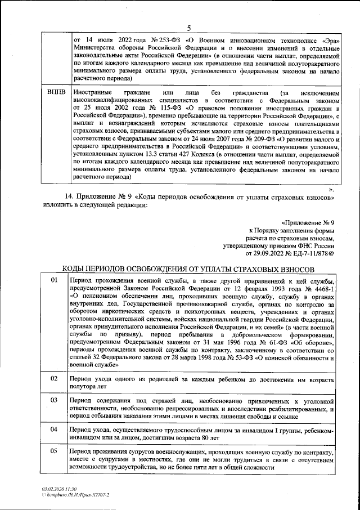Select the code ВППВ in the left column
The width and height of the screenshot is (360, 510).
(56, 92)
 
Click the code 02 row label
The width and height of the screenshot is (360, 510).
(55, 378)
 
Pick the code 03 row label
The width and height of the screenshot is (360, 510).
(55, 400)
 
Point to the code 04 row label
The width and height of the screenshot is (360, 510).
(55, 430)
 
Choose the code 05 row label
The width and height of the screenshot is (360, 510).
(55, 451)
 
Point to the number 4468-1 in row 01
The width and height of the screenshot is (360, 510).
(324, 288)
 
